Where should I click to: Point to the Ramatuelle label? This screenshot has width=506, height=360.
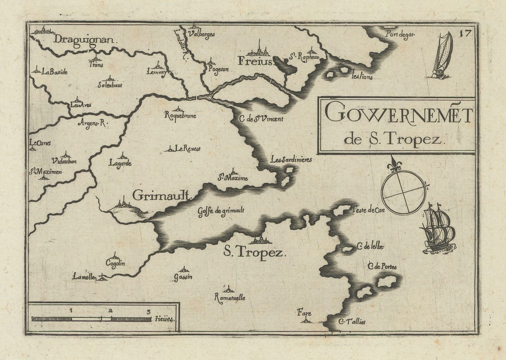click(230, 297)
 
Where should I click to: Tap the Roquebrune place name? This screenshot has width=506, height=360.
click(181, 116)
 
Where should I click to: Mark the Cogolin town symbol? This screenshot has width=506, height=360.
click(114, 255)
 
